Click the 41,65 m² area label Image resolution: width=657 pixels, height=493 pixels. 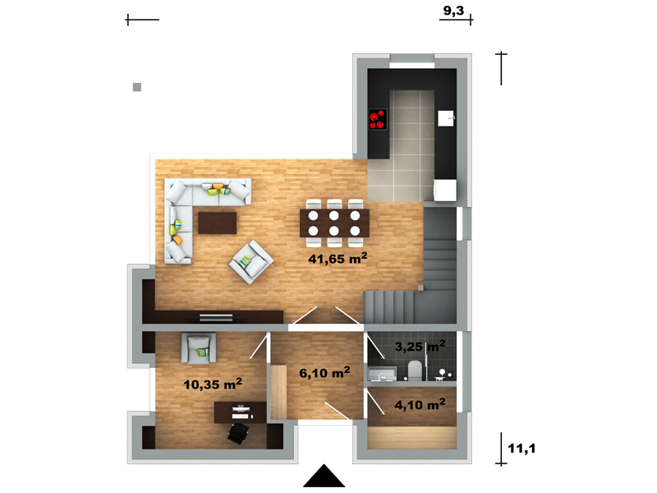pyautogui.click(x=338, y=258)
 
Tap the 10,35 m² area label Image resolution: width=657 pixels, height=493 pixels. pyautogui.click(x=213, y=384)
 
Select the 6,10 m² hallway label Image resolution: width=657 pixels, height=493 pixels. pyautogui.click(x=324, y=372)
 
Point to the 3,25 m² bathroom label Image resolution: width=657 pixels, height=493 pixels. pyautogui.click(x=420, y=346)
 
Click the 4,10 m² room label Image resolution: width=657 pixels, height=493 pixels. pyautogui.click(x=420, y=404)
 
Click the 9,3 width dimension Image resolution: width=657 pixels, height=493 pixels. pyautogui.click(x=454, y=11)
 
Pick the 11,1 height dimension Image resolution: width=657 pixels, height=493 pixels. pyautogui.click(x=521, y=449)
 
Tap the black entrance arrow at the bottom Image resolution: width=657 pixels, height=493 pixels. pyautogui.click(x=324, y=476)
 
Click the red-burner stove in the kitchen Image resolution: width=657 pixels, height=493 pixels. pyautogui.click(x=378, y=119)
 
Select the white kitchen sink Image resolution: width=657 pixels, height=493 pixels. pyautogui.click(x=447, y=118)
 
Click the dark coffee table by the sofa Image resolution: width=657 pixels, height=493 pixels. pyautogui.click(x=217, y=223)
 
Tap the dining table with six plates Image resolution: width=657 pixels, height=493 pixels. pyautogui.click(x=334, y=223)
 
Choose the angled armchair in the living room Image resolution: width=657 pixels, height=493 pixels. pyautogui.click(x=251, y=262)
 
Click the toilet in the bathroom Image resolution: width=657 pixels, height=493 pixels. pyautogui.click(x=415, y=371)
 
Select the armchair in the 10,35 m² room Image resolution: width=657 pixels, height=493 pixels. pyautogui.click(x=199, y=348)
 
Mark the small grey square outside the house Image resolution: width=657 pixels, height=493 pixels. pyautogui.click(x=137, y=87)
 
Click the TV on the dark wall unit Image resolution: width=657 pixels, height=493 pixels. pyautogui.click(x=215, y=317)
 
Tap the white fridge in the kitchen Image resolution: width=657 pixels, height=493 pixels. pyautogui.click(x=445, y=191)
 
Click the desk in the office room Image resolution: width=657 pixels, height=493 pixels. pyautogui.click(x=240, y=412)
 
